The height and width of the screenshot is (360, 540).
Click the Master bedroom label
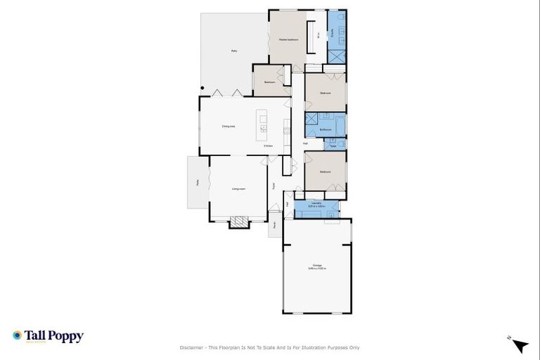(x=288, y=39)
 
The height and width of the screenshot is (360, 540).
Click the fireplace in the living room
(x=240, y=222)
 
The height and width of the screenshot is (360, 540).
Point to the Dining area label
(x=228, y=126)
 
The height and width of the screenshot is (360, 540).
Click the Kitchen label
(x=269, y=146)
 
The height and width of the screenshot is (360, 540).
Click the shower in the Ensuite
(x=337, y=56)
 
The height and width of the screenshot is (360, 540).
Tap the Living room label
(x=238, y=189)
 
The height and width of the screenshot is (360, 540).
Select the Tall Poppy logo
(x=48, y=336)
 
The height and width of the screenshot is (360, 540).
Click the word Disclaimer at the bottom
(x=191, y=347)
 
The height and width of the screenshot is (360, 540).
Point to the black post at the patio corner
(x=202, y=88)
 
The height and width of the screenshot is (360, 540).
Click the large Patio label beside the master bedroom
(x=234, y=51)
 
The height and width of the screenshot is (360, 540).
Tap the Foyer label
(x=274, y=186)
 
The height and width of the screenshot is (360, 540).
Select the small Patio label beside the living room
(x=198, y=183)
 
